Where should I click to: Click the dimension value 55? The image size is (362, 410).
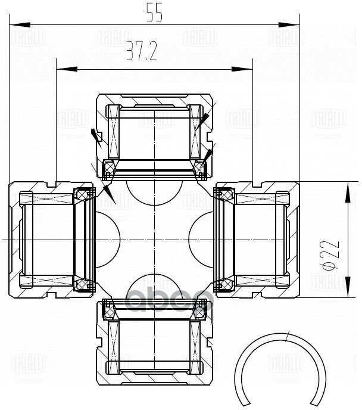coord(155,14)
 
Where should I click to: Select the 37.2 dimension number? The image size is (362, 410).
coord(141,55)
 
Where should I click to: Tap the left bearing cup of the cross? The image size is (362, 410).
coord(48,239)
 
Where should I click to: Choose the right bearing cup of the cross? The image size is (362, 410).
coord(259,239)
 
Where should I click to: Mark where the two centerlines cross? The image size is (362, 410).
coord(154,239)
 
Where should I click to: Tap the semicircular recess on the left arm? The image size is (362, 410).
coord(107,239)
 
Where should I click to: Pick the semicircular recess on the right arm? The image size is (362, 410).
coord(201,239)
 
